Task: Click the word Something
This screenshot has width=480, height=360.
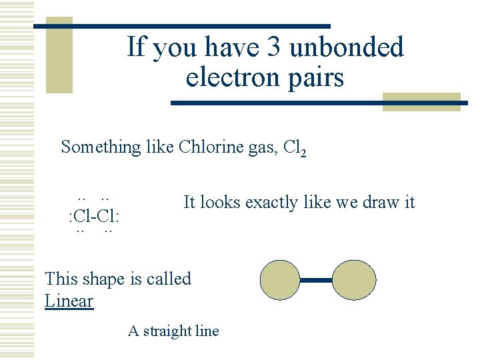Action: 101,147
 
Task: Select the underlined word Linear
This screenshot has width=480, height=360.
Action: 69,301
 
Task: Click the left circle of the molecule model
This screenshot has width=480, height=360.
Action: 279,280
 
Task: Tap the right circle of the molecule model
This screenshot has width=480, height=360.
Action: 354,280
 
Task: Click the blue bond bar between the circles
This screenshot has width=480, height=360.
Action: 317,281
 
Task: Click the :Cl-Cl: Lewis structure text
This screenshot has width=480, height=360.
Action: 94,215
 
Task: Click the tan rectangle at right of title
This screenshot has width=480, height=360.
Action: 422,101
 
